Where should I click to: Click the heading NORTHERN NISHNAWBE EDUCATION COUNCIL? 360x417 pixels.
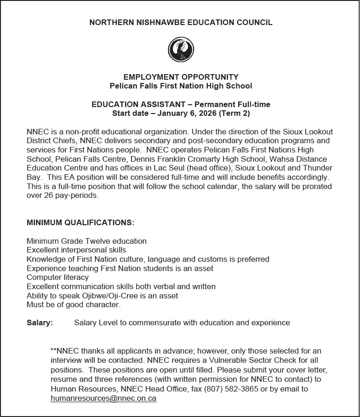coord(181,22)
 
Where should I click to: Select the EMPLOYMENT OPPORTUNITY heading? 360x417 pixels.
coord(181,77)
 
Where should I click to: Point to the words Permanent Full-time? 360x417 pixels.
coord(232,104)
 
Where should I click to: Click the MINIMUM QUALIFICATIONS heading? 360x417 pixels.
coord(81,222)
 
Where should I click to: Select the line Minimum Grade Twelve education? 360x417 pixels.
coord(87,241)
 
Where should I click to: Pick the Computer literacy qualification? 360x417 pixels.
coord(57,277)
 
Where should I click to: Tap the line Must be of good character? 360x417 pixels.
coord(74,304)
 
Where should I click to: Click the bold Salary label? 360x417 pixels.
coord(39,322)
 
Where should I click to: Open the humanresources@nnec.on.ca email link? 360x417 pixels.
coord(103,398)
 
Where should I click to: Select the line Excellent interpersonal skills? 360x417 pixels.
coord(76,250)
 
